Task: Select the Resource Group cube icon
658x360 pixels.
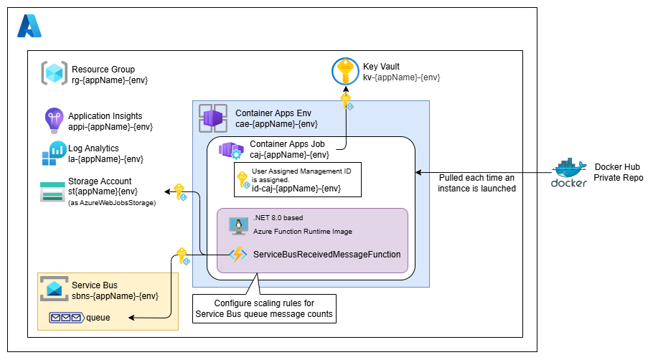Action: point(54,74)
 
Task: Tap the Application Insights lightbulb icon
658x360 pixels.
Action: point(55,120)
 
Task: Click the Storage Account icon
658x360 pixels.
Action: point(53,191)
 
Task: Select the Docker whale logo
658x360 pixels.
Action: point(569,173)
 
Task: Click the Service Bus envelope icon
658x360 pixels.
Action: point(54,289)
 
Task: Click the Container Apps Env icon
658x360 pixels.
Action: point(213,118)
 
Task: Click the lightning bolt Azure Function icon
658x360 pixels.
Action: point(238,254)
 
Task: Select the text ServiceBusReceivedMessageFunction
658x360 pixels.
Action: point(326,255)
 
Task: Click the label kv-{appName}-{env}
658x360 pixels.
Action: point(401,77)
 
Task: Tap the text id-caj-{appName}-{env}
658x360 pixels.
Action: point(296,189)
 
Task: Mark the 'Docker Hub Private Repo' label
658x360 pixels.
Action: point(618,173)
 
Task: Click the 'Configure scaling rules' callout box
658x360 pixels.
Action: point(264,308)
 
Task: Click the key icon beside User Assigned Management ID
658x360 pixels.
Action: point(243,181)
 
